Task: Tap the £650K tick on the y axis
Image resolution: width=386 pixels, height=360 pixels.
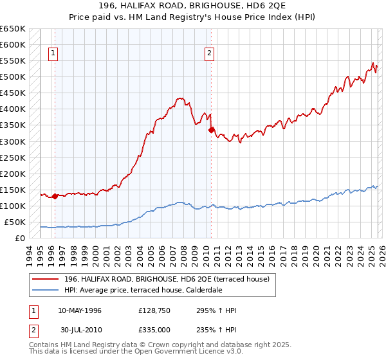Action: click(13, 29)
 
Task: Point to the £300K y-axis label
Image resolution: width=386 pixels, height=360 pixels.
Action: click(13, 141)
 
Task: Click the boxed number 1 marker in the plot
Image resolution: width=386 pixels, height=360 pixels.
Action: click(52, 54)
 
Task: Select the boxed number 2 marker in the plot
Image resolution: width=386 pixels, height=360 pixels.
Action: click(210, 54)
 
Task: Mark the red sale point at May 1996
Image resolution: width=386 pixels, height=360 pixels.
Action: click(55, 197)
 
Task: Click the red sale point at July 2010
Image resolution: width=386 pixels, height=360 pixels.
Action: click(211, 130)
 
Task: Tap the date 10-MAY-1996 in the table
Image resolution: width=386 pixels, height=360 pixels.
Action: click(80, 310)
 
